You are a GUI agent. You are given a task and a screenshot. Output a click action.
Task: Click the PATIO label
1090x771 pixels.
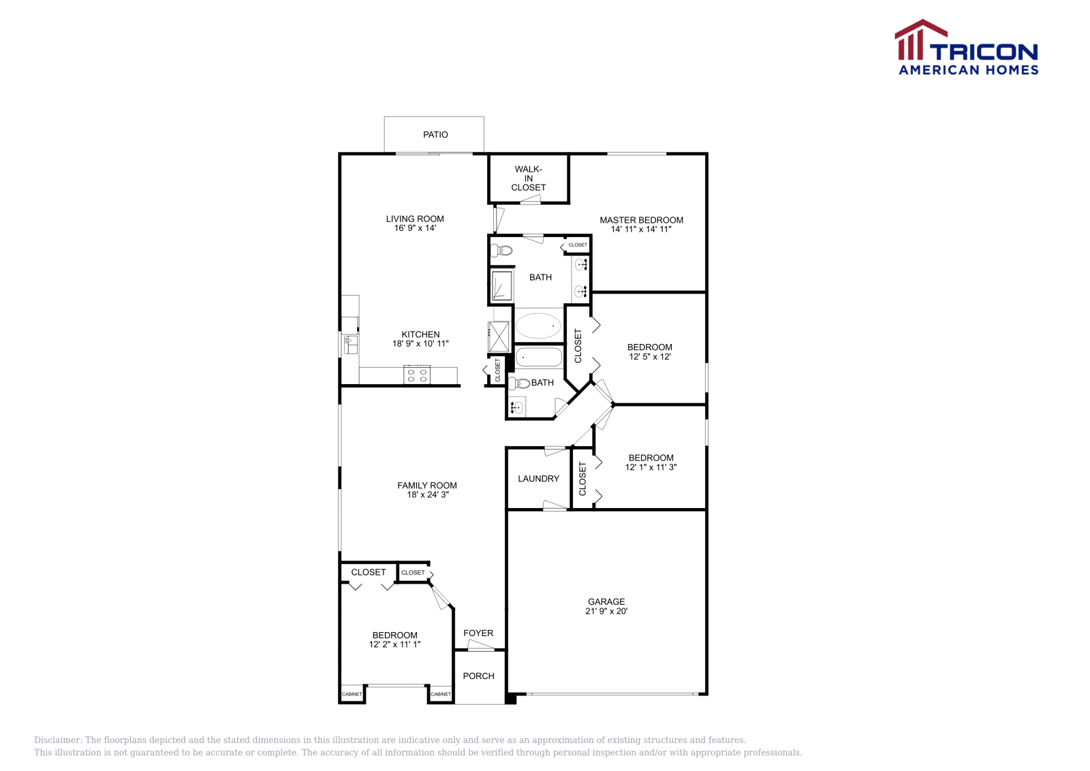pos(435,135)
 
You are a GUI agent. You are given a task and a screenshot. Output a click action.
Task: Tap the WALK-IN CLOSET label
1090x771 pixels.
pos(529,178)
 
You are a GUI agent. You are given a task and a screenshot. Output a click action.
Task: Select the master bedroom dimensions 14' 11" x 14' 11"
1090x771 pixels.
pos(641,230)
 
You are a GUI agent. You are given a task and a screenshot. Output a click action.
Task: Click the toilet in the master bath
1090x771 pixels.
pos(502,250)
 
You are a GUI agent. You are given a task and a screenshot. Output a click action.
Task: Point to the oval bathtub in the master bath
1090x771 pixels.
pos(538,326)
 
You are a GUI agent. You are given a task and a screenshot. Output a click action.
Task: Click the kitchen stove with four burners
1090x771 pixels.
pos(416,375)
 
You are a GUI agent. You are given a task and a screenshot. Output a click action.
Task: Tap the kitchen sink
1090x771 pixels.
pos(350,344)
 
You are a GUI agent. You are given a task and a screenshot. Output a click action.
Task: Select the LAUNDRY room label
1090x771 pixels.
pos(538,479)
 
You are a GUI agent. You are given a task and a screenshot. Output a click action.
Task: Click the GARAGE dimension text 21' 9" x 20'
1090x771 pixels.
pos(606,611)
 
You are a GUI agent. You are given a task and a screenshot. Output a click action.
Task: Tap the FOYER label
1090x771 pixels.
pos(478,633)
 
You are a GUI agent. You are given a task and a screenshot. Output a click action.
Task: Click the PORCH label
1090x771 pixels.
pos(478,676)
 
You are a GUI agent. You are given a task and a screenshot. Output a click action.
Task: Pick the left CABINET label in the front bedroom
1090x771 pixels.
pos(352,694)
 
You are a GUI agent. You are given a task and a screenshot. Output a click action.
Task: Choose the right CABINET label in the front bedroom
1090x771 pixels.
pos(441,694)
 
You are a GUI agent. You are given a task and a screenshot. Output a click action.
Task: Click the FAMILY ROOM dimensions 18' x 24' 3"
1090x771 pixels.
pos(428,495)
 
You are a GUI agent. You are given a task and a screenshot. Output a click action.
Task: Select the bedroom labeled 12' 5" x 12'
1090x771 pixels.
pos(650,352)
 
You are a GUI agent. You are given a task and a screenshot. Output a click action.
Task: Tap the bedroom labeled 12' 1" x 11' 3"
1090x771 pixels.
pos(651,462)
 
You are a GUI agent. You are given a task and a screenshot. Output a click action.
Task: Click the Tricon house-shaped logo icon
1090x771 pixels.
pos(920,40)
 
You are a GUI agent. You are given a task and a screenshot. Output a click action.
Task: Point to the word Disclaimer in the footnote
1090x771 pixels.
pos(57,740)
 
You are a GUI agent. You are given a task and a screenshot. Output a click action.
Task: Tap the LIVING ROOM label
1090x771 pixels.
pos(415,219)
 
